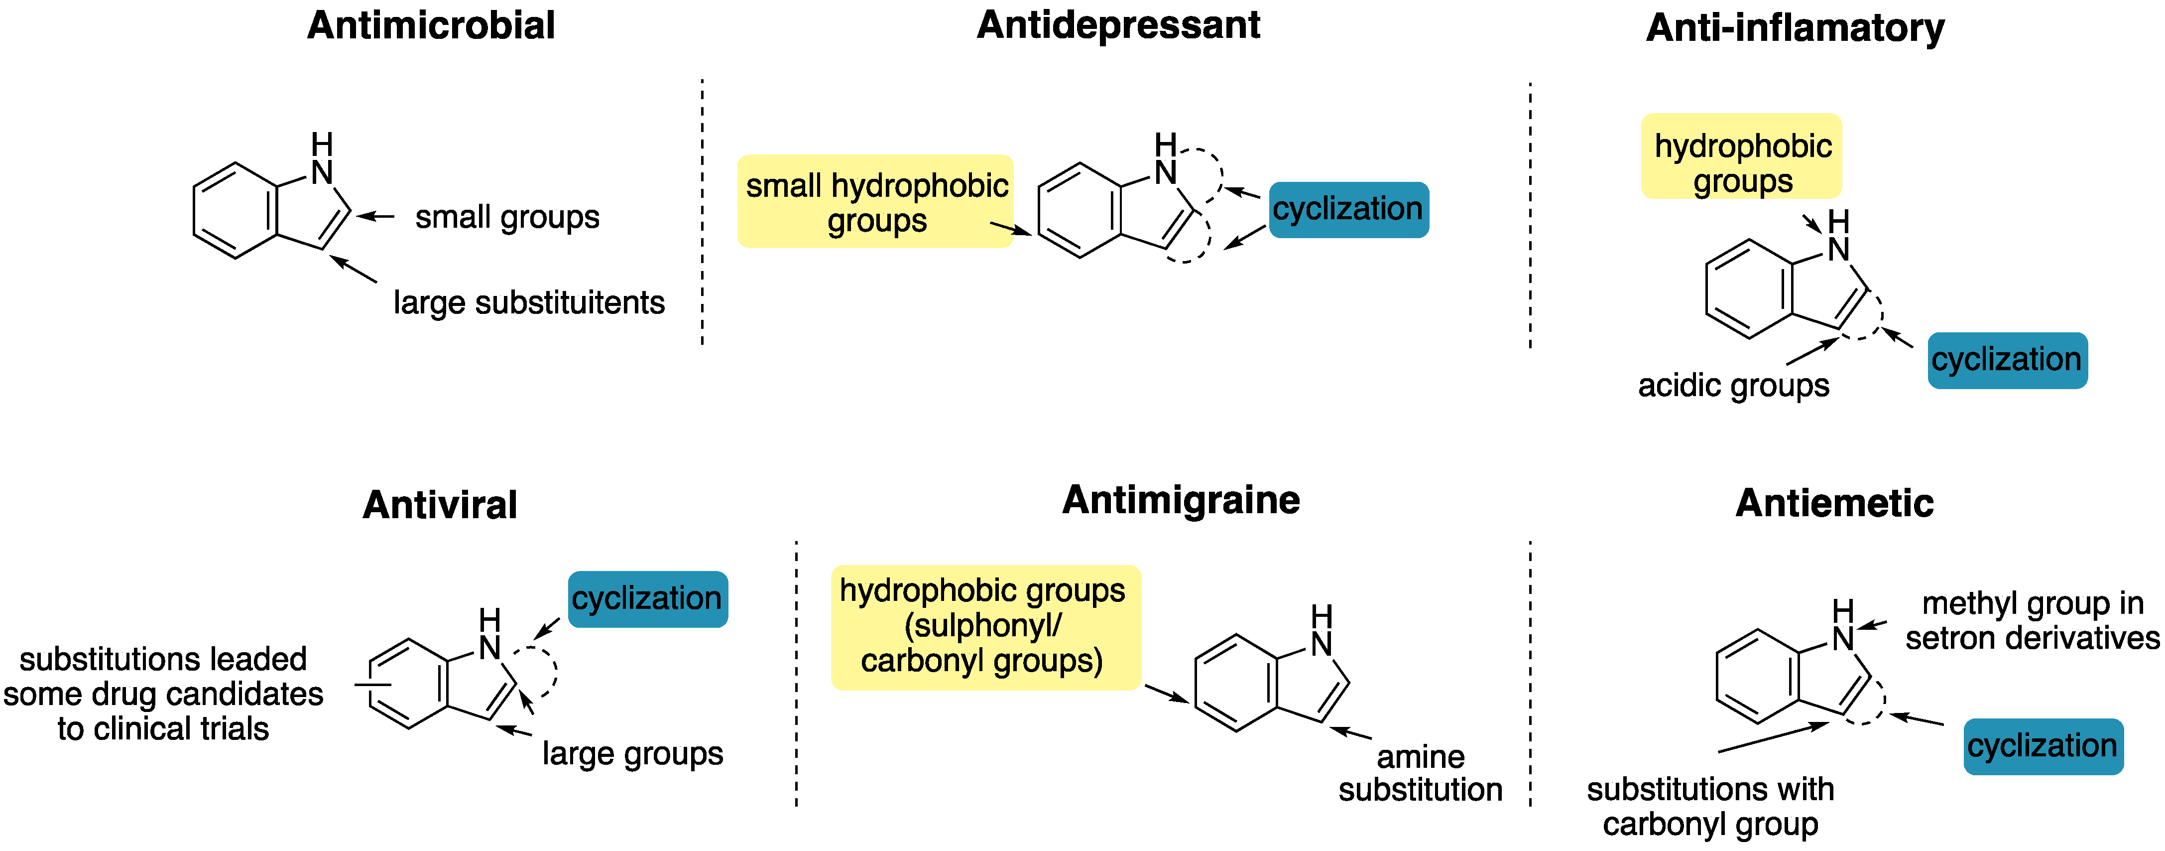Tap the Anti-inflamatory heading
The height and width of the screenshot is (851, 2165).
tap(1795, 28)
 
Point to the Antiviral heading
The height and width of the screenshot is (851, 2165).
tap(440, 505)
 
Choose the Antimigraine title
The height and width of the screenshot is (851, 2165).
tap(1181, 500)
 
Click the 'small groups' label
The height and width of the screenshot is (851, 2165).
tap(507, 217)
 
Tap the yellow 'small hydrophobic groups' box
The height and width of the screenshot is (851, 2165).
tap(876, 202)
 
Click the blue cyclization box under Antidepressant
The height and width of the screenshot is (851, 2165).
tap(1348, 209)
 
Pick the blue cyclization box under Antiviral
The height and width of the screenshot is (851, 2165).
tap(647, 599)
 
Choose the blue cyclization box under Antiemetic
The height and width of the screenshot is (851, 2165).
tap(2043, 746)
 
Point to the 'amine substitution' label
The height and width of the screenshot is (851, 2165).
tap(1421, 773)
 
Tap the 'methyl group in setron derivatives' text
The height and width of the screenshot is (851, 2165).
tap(2032, 621)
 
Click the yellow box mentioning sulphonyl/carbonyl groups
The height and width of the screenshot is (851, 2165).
tap(985, 626)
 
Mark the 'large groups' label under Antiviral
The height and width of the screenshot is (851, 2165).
tap(632, 753)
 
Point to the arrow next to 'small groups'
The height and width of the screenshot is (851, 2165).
tap(375, 217)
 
